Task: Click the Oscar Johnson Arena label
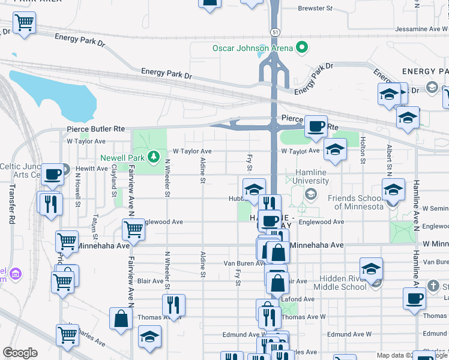click(252, 48)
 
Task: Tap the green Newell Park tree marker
click(154, 157)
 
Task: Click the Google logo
click(20, 353)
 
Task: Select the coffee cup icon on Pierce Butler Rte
click(316, 127)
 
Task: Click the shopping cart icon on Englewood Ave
click(133, 229)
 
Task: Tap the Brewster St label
click(316, 8)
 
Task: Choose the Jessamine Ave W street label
click(420, 29)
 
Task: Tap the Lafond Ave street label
click(301, 299)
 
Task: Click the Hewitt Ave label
click(92, 169)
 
